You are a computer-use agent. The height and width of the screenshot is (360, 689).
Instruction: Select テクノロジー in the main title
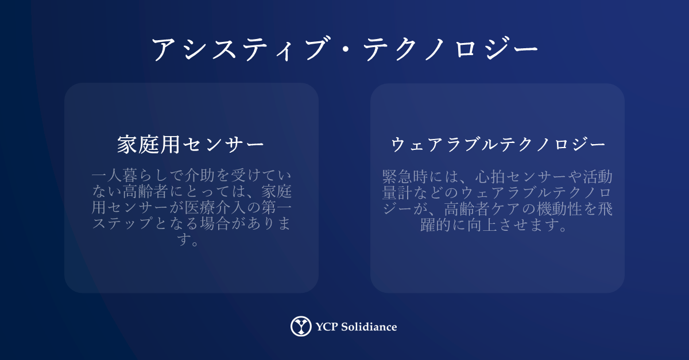click(x=451, y=49)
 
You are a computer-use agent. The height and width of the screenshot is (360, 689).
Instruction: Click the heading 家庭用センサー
click(x=191, y=145)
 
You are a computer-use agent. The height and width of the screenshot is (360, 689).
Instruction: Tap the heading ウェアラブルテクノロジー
click(x=498, y=145)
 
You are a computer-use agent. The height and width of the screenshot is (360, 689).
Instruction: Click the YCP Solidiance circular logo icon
click(x=300, y=326)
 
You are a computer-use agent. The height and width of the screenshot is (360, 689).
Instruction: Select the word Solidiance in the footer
click(x=369, y=327)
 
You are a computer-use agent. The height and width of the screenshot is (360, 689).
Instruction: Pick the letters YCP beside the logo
click(x=327, y=327)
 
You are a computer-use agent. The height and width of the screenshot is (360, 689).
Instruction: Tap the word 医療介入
click(x=215, y=207)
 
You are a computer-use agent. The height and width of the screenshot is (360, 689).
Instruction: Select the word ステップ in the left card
click(x=122, y=223)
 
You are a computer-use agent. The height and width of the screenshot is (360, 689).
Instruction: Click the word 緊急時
click(x=405, y=177)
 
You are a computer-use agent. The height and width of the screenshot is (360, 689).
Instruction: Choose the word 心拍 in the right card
click(x=490, y=177)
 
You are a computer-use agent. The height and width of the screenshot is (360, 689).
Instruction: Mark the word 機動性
click(x=559, y=208)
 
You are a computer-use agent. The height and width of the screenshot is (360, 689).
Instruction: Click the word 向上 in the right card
click(x=482, y=224)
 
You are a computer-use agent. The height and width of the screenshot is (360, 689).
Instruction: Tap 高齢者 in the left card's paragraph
click(x=145, y=191)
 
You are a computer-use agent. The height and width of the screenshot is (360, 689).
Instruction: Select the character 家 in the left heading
click(x=127, y=145)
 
